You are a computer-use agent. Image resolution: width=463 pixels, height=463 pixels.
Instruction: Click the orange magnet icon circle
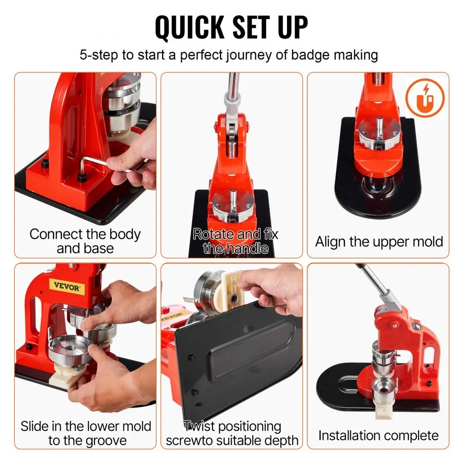pos(425,98)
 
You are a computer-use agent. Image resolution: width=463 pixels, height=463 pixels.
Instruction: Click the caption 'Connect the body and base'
pos(85,241)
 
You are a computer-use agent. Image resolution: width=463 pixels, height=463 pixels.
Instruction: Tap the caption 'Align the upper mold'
pos(379,242)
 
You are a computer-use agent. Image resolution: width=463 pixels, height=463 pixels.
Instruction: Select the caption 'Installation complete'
pos(378,435)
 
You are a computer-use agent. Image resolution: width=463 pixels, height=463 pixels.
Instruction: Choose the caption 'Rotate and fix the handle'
pos(235,241)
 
